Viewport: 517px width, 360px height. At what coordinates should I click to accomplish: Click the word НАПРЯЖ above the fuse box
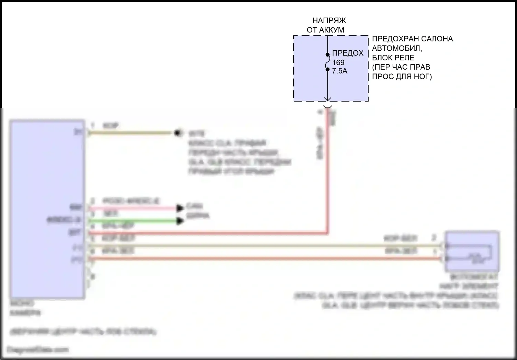tap(329, 21)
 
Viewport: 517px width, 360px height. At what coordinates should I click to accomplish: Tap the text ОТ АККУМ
tap(325, 30)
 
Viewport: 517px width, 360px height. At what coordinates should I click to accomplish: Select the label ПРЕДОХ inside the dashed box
tap(348, 53)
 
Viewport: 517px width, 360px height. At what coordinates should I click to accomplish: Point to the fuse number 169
tap(338, 62)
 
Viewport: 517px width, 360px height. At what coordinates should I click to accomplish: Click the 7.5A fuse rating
tap(339, 71)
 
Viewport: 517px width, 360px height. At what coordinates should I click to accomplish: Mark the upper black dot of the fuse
tap(327, 54)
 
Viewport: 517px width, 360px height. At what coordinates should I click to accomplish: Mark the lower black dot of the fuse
tap(327, 69)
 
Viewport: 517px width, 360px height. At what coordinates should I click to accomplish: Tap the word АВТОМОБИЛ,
tap(397, 48)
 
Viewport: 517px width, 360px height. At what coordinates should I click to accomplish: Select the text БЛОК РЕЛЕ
tap(393, 58)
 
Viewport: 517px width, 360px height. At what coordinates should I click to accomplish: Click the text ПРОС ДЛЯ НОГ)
tap(402, 76)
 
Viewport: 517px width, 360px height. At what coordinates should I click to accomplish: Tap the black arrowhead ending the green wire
tap(180, 221)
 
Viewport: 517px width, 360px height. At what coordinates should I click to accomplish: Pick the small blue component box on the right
tap(472, 251)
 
